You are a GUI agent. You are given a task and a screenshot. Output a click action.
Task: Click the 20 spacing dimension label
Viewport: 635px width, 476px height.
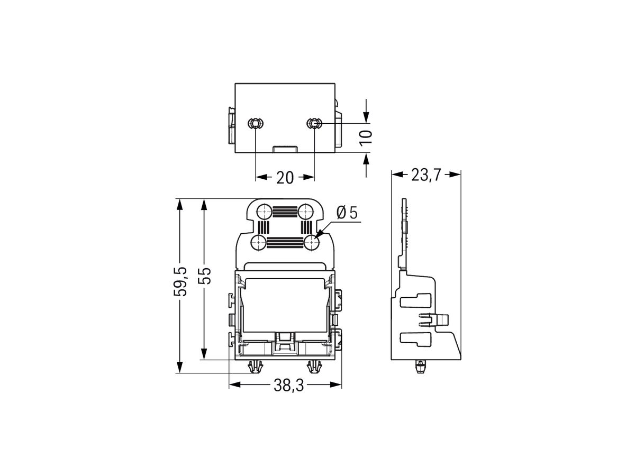tap(285, 178)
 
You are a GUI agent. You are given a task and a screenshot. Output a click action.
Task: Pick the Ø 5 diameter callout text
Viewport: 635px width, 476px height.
tap(347, 213)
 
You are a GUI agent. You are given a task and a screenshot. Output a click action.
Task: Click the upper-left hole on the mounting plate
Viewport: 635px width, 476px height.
tap(263, 212)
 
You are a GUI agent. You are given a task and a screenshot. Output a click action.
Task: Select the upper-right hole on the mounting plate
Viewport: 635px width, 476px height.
tap(305, 212)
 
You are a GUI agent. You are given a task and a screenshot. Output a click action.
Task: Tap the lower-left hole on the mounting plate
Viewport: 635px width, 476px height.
tap(258, 243)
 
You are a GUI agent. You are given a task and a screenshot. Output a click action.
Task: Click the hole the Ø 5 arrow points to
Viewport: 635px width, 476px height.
tap(312, 243)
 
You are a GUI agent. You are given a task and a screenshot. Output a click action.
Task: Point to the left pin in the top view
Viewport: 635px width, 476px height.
tap(255, 124)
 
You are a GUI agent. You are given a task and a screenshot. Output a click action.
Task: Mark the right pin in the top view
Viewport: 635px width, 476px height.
tap(314, 124)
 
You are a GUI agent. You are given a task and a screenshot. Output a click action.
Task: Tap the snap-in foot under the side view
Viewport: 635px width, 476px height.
tap(420, 366)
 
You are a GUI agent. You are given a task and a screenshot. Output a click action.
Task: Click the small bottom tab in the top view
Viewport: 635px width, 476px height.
tap(285, 149)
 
